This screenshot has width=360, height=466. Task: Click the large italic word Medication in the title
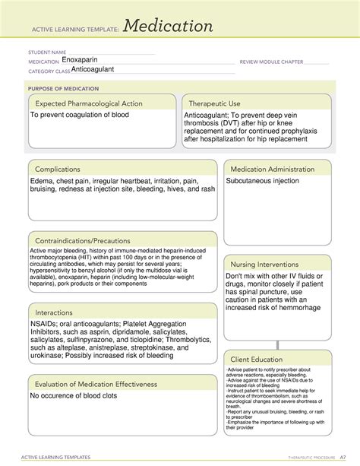[169, 27]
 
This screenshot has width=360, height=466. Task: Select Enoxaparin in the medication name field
[81, 59]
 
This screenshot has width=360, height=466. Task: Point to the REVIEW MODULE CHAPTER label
[270, 62]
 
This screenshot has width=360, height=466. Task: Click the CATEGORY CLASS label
[49, 71]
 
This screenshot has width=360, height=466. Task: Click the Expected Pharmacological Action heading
[89, 103]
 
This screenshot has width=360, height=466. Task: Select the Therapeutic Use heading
[215, 103]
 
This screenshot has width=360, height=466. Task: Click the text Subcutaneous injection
[262, 182]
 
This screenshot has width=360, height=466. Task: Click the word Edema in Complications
[43, 182]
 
